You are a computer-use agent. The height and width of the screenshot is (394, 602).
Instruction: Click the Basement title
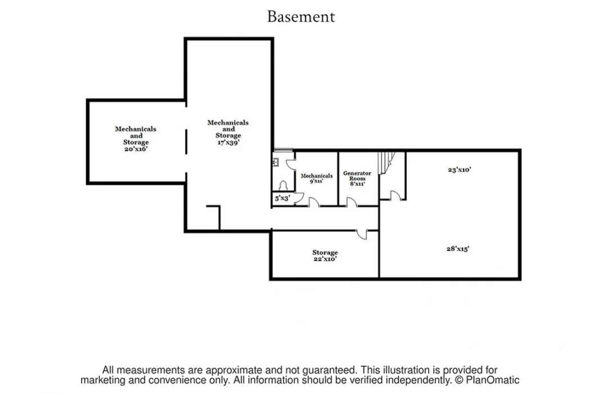301,16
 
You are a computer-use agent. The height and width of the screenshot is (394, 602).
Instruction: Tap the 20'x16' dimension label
136,149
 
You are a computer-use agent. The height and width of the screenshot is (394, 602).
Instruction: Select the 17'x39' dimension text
228,142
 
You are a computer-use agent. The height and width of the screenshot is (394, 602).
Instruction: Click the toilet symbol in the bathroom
284,186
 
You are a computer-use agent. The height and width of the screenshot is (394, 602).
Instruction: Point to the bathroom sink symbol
275,162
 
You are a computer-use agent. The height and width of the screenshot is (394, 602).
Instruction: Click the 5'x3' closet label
282,199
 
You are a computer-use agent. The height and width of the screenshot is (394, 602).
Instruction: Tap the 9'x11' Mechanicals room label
317,178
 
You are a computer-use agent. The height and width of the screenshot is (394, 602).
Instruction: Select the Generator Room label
357,178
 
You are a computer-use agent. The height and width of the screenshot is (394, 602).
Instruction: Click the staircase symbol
387,163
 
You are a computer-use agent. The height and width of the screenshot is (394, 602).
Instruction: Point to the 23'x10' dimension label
459,169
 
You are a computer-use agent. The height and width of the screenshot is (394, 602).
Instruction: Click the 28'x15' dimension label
457,249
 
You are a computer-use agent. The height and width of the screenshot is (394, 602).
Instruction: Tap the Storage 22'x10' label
325,256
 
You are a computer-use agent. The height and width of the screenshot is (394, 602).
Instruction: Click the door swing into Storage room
362,234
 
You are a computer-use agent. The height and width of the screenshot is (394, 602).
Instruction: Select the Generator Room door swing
351,202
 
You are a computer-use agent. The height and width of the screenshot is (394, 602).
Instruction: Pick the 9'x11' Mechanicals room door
314,202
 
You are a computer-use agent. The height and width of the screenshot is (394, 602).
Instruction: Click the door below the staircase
396,195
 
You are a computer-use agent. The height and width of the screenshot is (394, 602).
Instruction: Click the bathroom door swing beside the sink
290,164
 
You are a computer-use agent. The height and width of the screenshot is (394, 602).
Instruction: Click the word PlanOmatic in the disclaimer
493,380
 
